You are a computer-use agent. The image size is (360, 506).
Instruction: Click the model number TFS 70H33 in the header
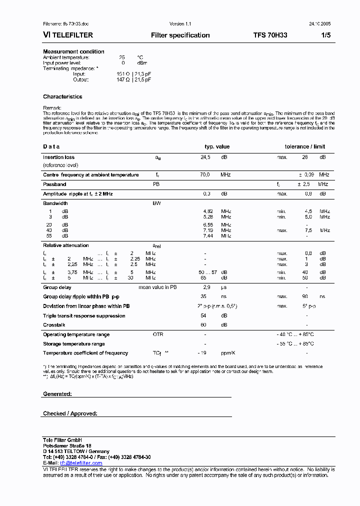click(270, 35)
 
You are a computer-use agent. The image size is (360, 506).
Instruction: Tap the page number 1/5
click(325, 35)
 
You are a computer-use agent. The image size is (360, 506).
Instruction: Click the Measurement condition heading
click(73, 51)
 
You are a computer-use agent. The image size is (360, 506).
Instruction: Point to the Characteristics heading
click(62, 96)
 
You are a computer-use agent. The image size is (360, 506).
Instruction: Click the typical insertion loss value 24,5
click(205, 157)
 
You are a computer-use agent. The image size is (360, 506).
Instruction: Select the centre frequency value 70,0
click(205, 175)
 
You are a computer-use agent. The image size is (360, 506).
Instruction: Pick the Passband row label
click(54, 184)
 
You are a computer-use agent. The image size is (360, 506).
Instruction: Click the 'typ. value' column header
click(217, 146)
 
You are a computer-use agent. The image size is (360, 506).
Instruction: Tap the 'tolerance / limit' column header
click(304, 146)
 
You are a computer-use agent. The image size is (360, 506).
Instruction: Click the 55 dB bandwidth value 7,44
click(207, 235)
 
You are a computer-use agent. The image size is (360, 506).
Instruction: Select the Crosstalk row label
click(54, 325)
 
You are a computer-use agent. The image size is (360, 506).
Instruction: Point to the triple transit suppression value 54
click(203, 316)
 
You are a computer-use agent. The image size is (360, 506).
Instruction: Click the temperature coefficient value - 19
click(202, 353)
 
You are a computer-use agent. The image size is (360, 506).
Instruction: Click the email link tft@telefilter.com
click(81, 463)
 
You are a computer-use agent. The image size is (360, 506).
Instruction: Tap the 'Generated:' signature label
click(57, 394)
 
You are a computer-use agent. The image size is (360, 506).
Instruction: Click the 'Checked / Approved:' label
click(70, 413)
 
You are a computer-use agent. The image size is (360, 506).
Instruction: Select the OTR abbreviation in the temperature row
click(158, 334)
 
